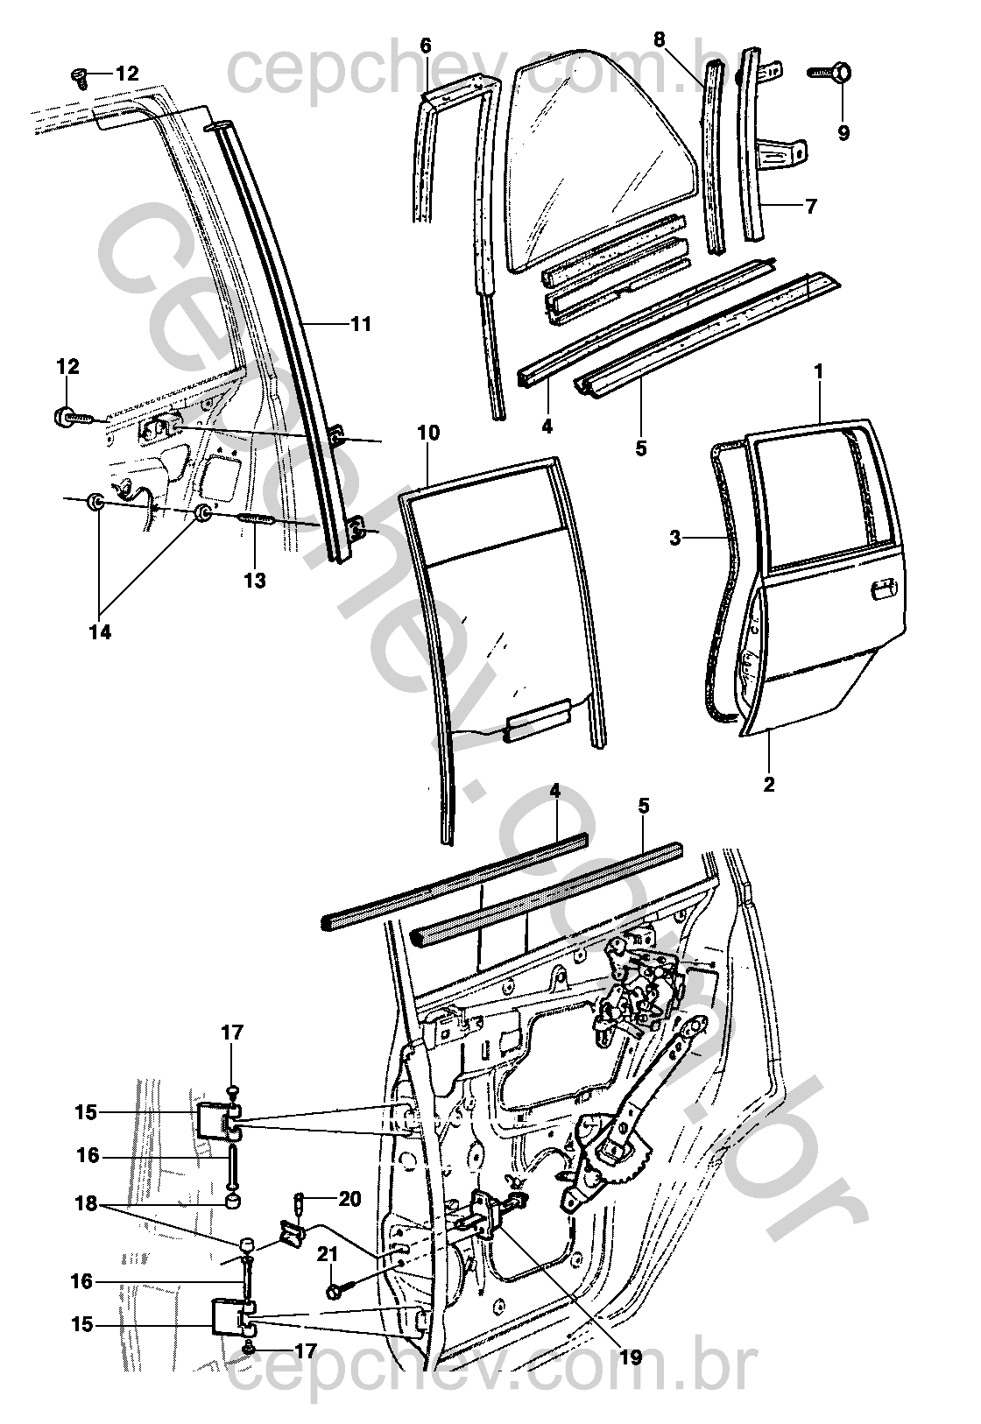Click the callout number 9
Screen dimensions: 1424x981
tap(843, 134)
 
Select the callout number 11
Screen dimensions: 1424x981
tap(361, 325)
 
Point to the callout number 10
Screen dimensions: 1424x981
tap(428, 433)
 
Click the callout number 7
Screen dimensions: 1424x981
tap(811, 207)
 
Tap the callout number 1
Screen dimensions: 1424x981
tap(819, 371)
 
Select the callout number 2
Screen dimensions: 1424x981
tap(769, 784)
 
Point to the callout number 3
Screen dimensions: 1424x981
tap(674, 539)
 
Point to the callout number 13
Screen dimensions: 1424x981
tap(256, 580)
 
